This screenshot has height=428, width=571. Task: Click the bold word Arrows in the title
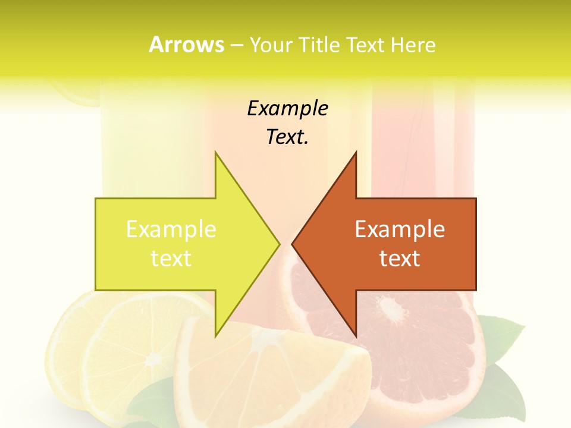coord(186,45)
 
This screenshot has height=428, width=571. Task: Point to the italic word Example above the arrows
coord(287,108)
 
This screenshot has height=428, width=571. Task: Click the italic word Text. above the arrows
coord(287,137)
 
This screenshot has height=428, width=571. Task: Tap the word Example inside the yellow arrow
coord(171,229)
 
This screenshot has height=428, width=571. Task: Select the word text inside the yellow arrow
coord(171,258)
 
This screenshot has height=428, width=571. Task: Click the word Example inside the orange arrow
coord(400,229)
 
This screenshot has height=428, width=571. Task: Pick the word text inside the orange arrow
coord(400,258)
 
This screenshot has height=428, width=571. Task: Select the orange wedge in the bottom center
coord(268,369)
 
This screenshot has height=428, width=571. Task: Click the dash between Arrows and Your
coord(236,45)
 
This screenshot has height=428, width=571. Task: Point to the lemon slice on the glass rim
coord(77,95)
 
